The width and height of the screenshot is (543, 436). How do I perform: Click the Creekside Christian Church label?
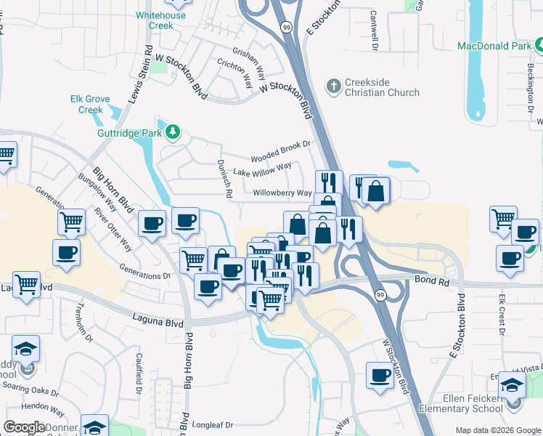[x=382, y=87]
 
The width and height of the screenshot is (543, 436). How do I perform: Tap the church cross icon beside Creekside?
[x=333, y=87]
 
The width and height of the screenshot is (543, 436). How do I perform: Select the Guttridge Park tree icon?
[x=173, y=132]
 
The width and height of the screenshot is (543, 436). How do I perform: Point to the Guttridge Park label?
[x=130, y=133]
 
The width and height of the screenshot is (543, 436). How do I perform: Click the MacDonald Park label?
[x=495, y=46]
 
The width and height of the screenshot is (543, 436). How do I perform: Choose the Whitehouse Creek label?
[x=161, y=20]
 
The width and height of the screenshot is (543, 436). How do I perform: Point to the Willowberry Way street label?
[x=282, y=193]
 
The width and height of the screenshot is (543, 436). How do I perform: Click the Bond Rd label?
[x=429, y=279]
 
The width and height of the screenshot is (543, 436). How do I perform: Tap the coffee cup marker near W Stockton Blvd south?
[x=379, y=375]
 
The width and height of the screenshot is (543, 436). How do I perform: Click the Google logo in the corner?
[x=25, y=427]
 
